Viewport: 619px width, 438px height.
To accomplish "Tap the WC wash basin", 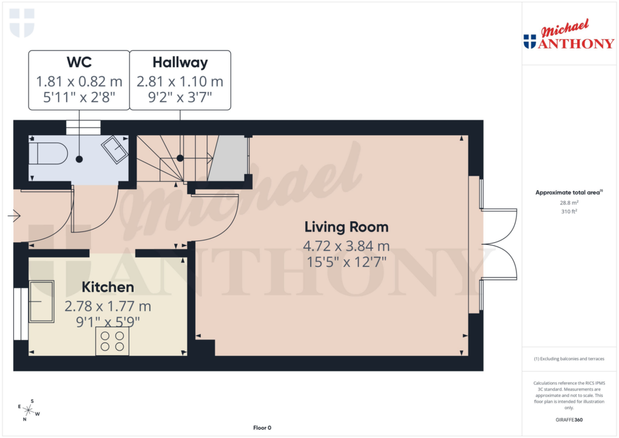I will pyautogui.click(x=114, y=149).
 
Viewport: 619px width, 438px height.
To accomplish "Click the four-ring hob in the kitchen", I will pyautogui.click(x=112, y=341).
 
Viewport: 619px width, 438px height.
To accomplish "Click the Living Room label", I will pyautogui.click(x=346, y=227).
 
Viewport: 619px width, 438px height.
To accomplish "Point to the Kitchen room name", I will pyautogui.click(x=108, y=287).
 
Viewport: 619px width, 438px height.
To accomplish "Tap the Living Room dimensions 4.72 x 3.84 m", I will pyautogui.click(x=346, y=246).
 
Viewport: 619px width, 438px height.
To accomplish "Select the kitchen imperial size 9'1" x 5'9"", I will pyautogui.click(x=108, y=321).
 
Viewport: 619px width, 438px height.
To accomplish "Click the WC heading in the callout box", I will pyautogui.click(x=79, y=62).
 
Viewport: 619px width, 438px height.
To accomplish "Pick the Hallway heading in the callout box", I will pyautogui.click(x=180, y=62).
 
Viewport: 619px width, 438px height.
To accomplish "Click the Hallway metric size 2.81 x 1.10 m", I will pyautogui.click(x=180, y=81).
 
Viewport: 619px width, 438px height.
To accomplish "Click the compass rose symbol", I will pyautogui.click(x=28, y=410).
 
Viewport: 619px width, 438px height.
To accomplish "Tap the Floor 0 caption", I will pyautogui.click(x=262, y=428).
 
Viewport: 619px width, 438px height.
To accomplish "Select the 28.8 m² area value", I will pyautogui.click(x=569, y=204).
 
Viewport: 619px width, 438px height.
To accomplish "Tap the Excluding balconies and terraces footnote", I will pyautogui.click(x=569, y=359).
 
